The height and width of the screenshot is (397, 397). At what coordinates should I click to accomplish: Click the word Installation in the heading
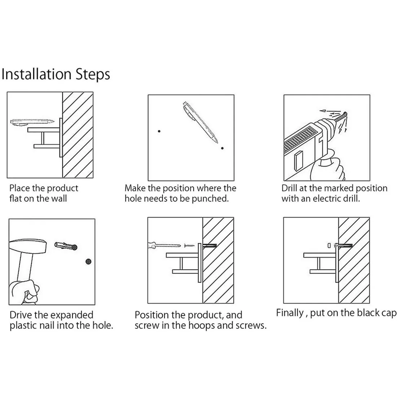[x=36, y=74]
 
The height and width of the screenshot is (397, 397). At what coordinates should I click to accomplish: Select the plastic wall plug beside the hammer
[x=66, y=246]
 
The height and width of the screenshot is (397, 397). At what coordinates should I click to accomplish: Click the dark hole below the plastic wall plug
[x=88, y=262]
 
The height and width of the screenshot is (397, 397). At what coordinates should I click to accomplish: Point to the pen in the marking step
[x=200, y=122]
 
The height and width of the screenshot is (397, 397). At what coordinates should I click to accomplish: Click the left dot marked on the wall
[x=159, y=131]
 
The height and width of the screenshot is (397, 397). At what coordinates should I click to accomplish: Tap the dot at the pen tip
[x=222, y=148]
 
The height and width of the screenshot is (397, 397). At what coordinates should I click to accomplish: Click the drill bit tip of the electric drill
[x=346, y=113]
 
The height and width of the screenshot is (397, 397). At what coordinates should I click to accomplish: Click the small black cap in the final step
[x=329, y=245]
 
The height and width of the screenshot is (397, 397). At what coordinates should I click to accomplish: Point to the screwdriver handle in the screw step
[x=153, y=245]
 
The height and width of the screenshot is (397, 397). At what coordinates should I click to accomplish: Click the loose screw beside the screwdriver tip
[x=189, y=245]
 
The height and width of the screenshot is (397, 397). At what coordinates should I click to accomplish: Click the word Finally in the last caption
[x=290, y=313]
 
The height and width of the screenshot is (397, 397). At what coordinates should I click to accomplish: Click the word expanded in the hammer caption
[x=72, y=315]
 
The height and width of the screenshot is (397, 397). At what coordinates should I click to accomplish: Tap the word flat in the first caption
[x=16, y=198]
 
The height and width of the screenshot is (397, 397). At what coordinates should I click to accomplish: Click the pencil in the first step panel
[x=32, y=122]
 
